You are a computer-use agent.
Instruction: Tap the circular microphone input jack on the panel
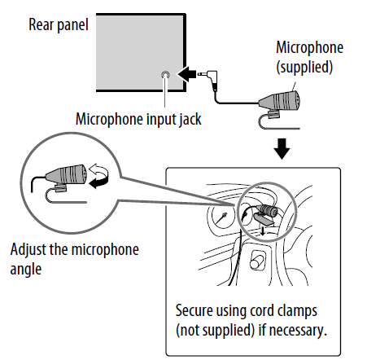pyautogui.click(x=166, y=76)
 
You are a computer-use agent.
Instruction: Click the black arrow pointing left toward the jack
pyautogui.click(x=186, y=76)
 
